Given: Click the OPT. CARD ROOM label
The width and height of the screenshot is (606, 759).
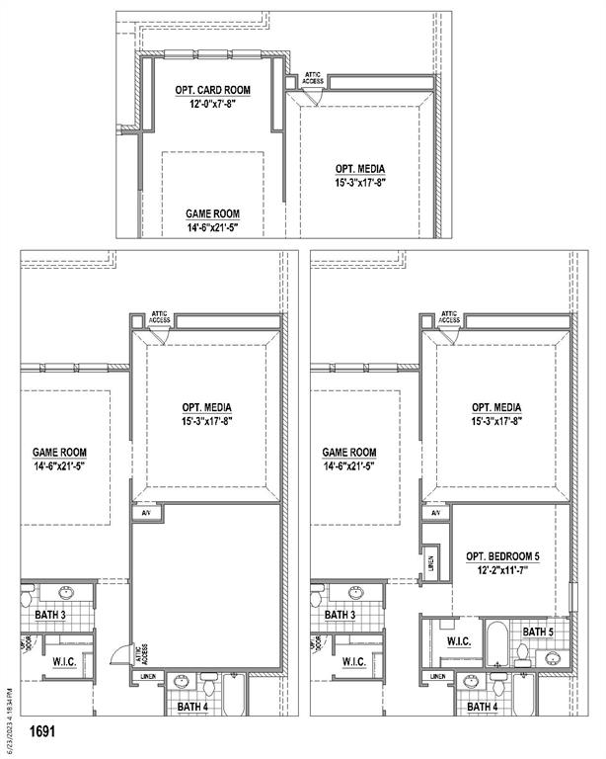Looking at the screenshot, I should tap(212, 90).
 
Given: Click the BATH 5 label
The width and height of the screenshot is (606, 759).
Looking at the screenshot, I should tap(537, 632).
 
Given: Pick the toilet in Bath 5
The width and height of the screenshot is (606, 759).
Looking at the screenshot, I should tap(522, 653).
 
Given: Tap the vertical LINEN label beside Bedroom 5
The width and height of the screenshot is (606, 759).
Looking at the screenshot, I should tap(431, 564).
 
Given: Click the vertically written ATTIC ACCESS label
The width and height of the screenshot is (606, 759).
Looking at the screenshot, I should tap(139, 653).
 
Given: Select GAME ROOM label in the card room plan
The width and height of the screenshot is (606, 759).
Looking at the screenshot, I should tap(212, 213).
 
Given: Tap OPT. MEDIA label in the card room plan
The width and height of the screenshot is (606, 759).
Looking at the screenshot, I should tap(359, 169).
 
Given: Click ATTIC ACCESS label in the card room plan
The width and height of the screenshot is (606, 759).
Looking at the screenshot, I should tap(312, 77).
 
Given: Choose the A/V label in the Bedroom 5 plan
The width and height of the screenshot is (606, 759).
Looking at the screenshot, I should tap(435, 513).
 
